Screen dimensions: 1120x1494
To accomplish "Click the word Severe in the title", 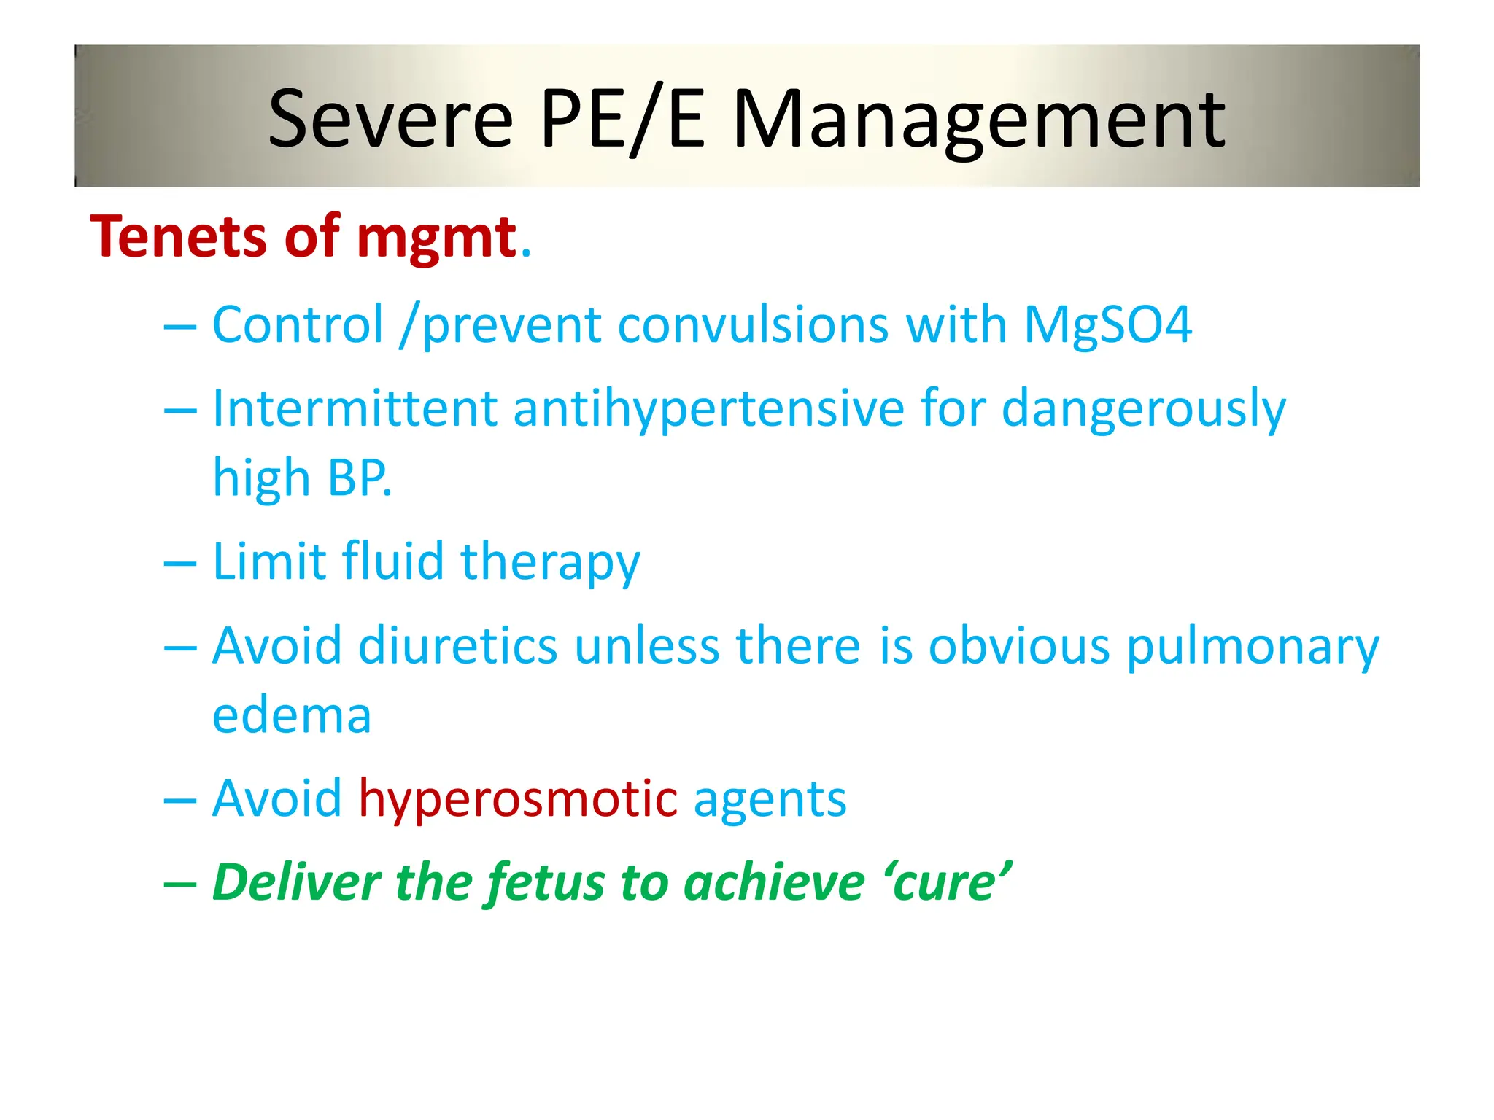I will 391,119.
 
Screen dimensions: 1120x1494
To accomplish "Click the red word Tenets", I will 178,238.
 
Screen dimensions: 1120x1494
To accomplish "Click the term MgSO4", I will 1107,324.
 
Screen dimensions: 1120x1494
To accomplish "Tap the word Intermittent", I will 355,408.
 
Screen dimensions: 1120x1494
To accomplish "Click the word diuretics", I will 457,646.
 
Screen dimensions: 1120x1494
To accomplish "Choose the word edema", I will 292,715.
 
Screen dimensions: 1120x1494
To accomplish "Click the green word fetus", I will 546,883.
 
